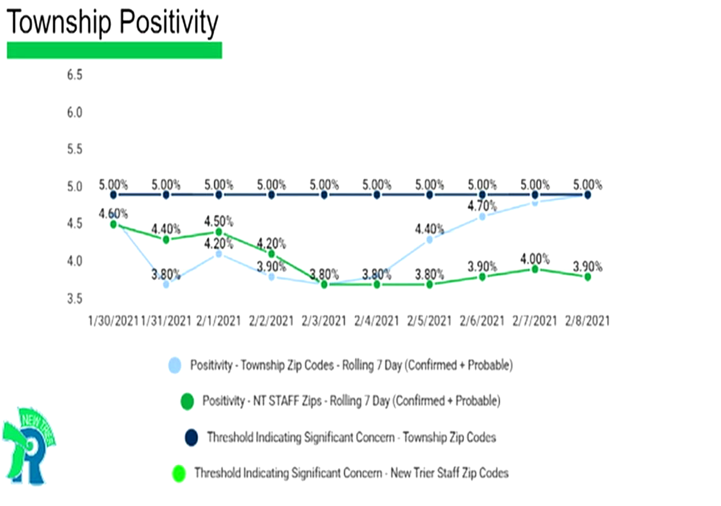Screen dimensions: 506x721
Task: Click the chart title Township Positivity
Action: click(x=113, y=22)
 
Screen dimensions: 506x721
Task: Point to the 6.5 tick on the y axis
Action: click(x=74, y=75)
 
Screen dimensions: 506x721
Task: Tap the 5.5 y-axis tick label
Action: click(x=74, y=149)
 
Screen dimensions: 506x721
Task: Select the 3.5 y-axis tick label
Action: click(x=74, y=298)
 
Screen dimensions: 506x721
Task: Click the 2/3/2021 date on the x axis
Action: click(x=324, y=321)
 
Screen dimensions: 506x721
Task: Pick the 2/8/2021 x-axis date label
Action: click(x=587, y=321)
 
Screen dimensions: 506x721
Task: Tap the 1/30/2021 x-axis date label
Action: click(x=113, y=321)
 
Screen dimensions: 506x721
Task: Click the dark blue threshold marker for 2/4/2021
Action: click(x=377, y=195)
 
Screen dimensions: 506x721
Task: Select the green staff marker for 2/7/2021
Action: click(x=535, y=269)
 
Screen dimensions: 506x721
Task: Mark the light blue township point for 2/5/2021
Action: click(x=430, y=239)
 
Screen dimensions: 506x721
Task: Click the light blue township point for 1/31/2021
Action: click(x=166, y=284)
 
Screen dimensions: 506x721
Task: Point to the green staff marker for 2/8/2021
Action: click(x=588, y=276)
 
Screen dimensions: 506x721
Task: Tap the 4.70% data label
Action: click(x=482, y=206)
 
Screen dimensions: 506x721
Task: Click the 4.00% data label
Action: click(x=535, y=259)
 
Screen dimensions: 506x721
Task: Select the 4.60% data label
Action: click(x=113, y=213)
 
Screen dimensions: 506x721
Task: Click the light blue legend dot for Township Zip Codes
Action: click(x=175, y=365)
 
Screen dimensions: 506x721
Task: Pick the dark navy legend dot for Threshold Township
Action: click(x=191, y=438)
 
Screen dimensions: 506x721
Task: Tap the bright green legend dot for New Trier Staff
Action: click(x=179, y=474)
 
